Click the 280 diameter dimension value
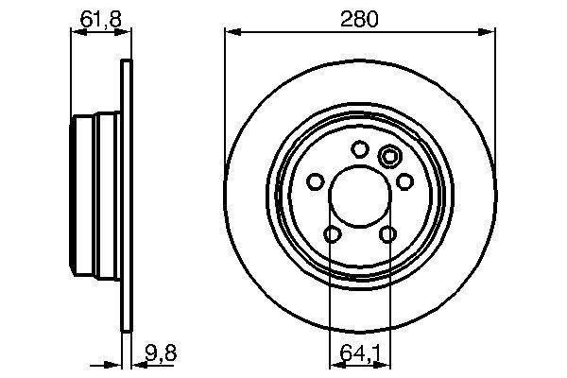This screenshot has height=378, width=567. point(359,18)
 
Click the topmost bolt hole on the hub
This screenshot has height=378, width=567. point(359,148)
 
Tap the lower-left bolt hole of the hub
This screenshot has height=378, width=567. point(332,234)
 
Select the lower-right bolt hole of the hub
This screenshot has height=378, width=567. point(387,234)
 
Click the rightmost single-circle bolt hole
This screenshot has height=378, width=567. point(404,180)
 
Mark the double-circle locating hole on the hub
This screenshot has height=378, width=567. point(388,157)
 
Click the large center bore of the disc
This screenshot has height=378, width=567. point(359,197)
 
